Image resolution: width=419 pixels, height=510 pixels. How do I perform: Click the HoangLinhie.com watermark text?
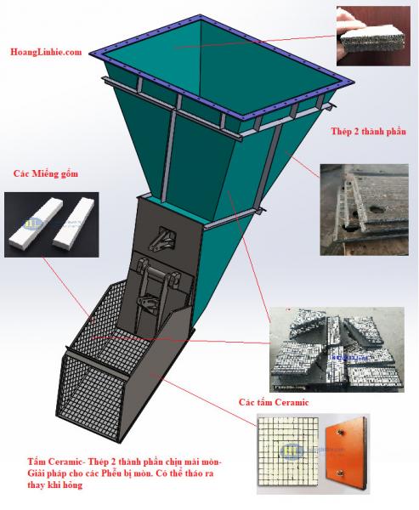pyautogui.click(x=46, y=52)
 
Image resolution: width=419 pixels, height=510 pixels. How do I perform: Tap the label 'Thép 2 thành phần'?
pyautogui.click(x=369, y=132)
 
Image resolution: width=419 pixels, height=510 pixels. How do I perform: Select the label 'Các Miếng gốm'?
pyautogui.click(x=46, y=173)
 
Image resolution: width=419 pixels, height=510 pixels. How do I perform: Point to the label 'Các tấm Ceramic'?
pyautogui.click(x=274, y=402)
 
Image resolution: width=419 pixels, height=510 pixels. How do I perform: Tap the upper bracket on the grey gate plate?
pyautogui.click(x=162, y=240)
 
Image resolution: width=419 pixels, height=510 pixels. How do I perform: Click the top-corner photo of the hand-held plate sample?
pyautogui.click(x=373, y=36)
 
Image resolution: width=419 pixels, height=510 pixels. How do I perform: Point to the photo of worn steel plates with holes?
pyautogui.click(x=365, y=209)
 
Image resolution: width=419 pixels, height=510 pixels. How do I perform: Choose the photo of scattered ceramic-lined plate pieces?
pyautogui.click(x=337, y=349)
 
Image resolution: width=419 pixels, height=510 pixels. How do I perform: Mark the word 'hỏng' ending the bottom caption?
pyautogui.click(x=73, y=485)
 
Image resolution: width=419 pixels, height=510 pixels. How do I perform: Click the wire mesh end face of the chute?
pyautogui.click(x=89, y=395)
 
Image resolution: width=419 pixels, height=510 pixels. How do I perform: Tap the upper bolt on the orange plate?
pyautogui.click(x=342, y=433)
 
